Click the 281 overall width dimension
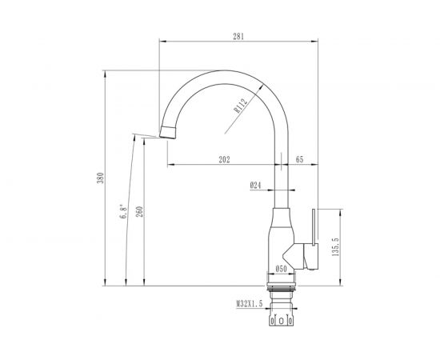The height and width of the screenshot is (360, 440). [x=238, y=36]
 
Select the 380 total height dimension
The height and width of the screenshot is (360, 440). [x=100, y=178]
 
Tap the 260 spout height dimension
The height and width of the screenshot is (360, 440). [x=139, y=211]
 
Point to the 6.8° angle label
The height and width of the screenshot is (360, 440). [x=123, y=211]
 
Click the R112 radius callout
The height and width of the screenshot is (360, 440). [x=241, y=106]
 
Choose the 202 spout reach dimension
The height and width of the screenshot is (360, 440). [x=224, y=159]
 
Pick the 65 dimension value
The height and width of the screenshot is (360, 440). [x=300, y=159]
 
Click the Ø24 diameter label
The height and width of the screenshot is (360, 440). [x=255, y=185]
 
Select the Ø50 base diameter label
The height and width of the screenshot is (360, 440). [x=281, y=269]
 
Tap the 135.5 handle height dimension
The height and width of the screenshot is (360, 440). [x=335, y=247]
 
